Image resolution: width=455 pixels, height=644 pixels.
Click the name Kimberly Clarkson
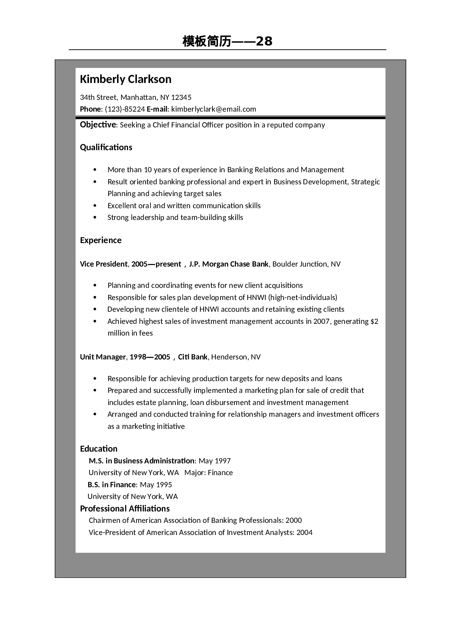coord(125,79)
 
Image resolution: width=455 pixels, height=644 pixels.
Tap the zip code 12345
coord(181,97)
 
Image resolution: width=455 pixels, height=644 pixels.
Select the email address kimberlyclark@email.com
coord(214,109)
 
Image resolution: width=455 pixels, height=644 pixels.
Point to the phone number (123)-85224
coord(125,109)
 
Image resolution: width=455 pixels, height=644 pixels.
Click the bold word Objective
coord(98,125)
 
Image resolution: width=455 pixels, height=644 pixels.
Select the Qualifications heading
coord(106,147)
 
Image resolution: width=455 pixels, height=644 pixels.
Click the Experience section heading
coord(101,240)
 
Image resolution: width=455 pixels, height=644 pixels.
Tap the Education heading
coord(99,449)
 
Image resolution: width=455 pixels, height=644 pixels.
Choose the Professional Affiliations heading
coord(125,509)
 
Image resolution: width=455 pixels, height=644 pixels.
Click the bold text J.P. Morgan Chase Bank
coord(229,264)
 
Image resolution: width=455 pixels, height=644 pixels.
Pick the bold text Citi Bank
coord(193,357)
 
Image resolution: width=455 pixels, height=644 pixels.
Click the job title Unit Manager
coord(103,357)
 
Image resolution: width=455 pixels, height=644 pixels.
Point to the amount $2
coord(374,321)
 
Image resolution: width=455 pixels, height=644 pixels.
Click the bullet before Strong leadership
coord(95,218)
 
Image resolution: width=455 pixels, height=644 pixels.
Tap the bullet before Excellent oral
coord(95,206)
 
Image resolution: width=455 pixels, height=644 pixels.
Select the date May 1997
coord(215,461)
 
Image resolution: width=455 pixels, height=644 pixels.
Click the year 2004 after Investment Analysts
coord(305,532)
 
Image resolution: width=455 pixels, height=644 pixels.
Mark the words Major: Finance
coord(208,473)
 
